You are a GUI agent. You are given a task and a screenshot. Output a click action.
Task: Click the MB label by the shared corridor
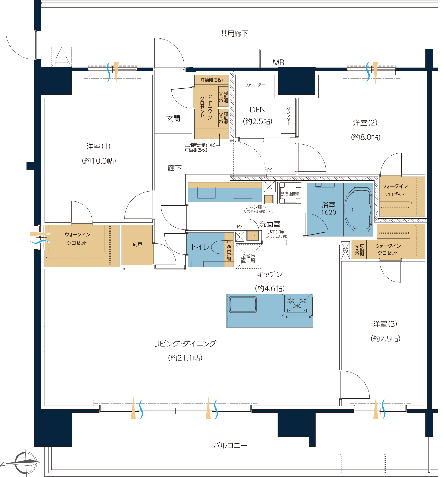(x=278, y=62)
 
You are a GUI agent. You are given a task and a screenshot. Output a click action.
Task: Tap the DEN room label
(x=258, y=110)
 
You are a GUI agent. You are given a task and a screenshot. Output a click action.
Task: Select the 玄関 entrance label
(x=173, y=119)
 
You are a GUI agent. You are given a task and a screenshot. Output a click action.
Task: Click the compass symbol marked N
(x=26, y=462)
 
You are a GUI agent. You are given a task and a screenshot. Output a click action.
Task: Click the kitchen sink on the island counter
(x=243, y=304)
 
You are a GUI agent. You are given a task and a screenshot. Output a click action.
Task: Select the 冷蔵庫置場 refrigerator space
(x=248, y=256)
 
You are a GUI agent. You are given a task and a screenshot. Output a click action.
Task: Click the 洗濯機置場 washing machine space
(x=290, y=193)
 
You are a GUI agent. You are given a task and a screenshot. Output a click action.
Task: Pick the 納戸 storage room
(x=137, y=245)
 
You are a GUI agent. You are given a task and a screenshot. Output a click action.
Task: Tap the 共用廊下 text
(x=234, y=34)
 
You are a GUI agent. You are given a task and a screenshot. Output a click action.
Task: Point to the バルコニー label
(x=230, y=446)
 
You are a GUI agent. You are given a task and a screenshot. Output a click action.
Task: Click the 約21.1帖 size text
(x=185, y=358)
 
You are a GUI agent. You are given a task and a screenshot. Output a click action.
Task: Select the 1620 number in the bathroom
(x=328, y=212)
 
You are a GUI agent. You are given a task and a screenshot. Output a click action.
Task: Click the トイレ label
(x=200, y=247)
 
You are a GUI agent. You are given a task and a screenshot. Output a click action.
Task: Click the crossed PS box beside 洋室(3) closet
(x=346, y=250)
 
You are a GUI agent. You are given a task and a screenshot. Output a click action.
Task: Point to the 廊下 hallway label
(x=174, y=168)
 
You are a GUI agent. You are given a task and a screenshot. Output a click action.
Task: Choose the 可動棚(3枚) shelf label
(x=359, y=250)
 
